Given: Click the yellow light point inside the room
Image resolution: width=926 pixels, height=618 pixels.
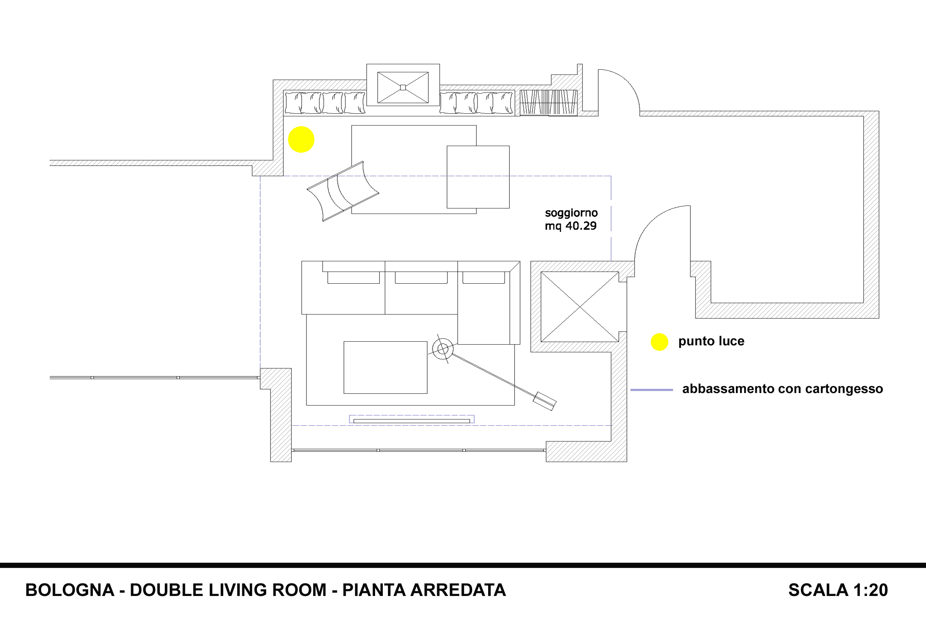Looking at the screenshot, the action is (301, 139).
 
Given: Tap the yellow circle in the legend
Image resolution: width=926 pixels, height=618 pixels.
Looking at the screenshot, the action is (660, 342).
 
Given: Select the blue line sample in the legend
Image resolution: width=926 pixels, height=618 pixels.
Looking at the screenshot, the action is (651, 390).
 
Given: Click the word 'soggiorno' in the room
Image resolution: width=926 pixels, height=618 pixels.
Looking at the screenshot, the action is (571, 213).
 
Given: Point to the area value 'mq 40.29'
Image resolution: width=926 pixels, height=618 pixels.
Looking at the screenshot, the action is (570, 226).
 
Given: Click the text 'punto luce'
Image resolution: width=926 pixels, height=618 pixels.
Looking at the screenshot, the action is (711, 341).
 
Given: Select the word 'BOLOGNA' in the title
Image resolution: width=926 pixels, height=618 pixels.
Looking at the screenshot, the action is (70, 590).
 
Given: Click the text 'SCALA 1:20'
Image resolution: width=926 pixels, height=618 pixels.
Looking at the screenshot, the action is (838, 590).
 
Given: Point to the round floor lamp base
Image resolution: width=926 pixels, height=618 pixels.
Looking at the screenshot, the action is (443, 349).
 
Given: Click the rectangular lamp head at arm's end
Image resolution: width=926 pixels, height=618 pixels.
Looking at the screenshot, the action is (544, 401).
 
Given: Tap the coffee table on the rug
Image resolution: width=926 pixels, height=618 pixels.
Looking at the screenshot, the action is (385, 367).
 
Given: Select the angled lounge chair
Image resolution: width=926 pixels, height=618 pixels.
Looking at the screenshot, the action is (343, 191).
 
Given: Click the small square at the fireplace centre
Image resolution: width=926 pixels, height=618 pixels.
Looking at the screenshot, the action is (403, 87).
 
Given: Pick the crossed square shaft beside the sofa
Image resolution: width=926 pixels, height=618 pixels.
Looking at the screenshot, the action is (580, 307).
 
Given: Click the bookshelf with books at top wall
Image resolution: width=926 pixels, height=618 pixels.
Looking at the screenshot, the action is (548, 102).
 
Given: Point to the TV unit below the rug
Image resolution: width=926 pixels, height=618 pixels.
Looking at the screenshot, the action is (411, 419).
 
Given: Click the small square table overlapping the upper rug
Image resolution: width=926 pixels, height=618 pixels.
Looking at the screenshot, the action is (478, 177).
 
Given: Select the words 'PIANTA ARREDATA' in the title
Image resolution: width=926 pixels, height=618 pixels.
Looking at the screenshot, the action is (424, 590).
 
